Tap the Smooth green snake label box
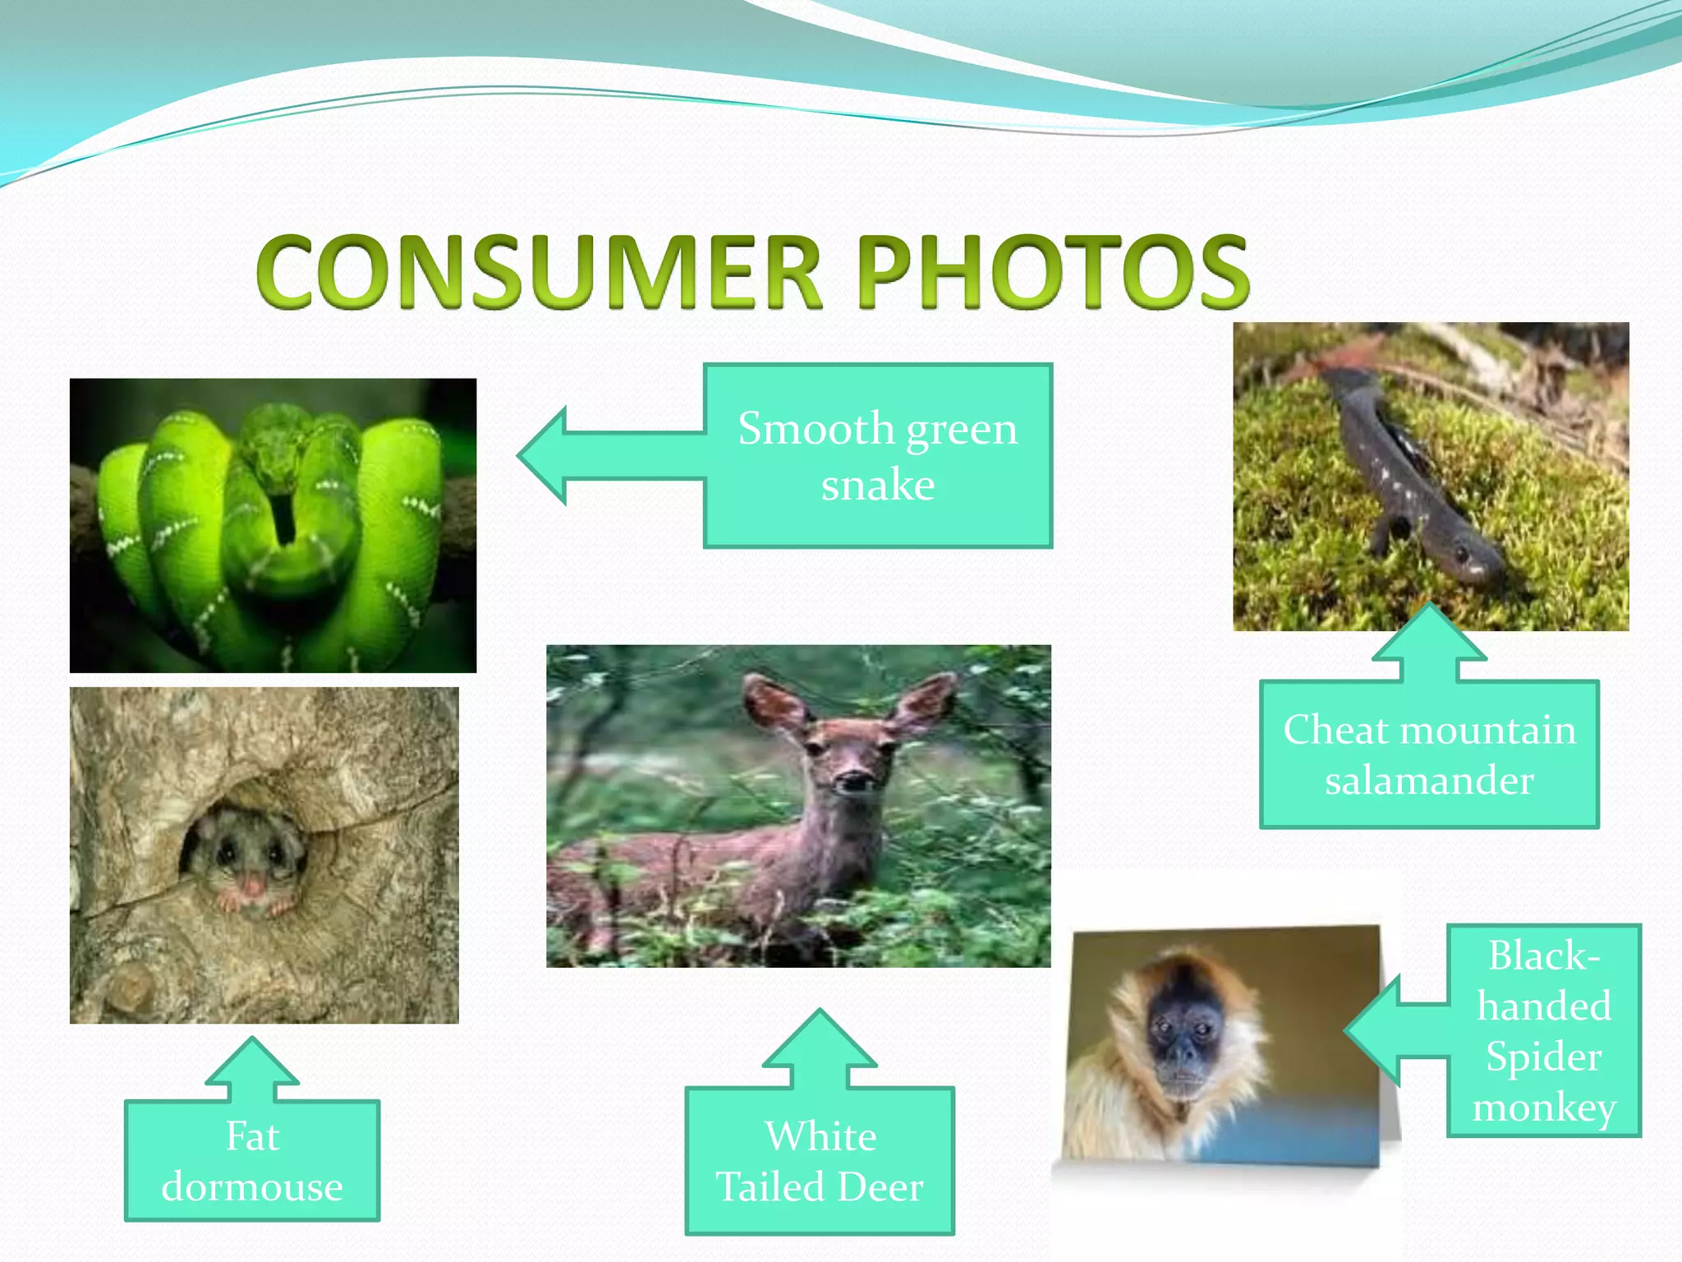[x=877, y=456]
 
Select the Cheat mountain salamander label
[x=1429, y=754]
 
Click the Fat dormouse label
[x=252, y=1160]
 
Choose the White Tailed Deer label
[x=820, y=1160]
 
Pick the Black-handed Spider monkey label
[x=1543, y=1030]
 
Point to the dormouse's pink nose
[x=253, y=886]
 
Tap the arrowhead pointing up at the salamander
[x=1429, y=633]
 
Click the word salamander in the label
[x=1429, y=781]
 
